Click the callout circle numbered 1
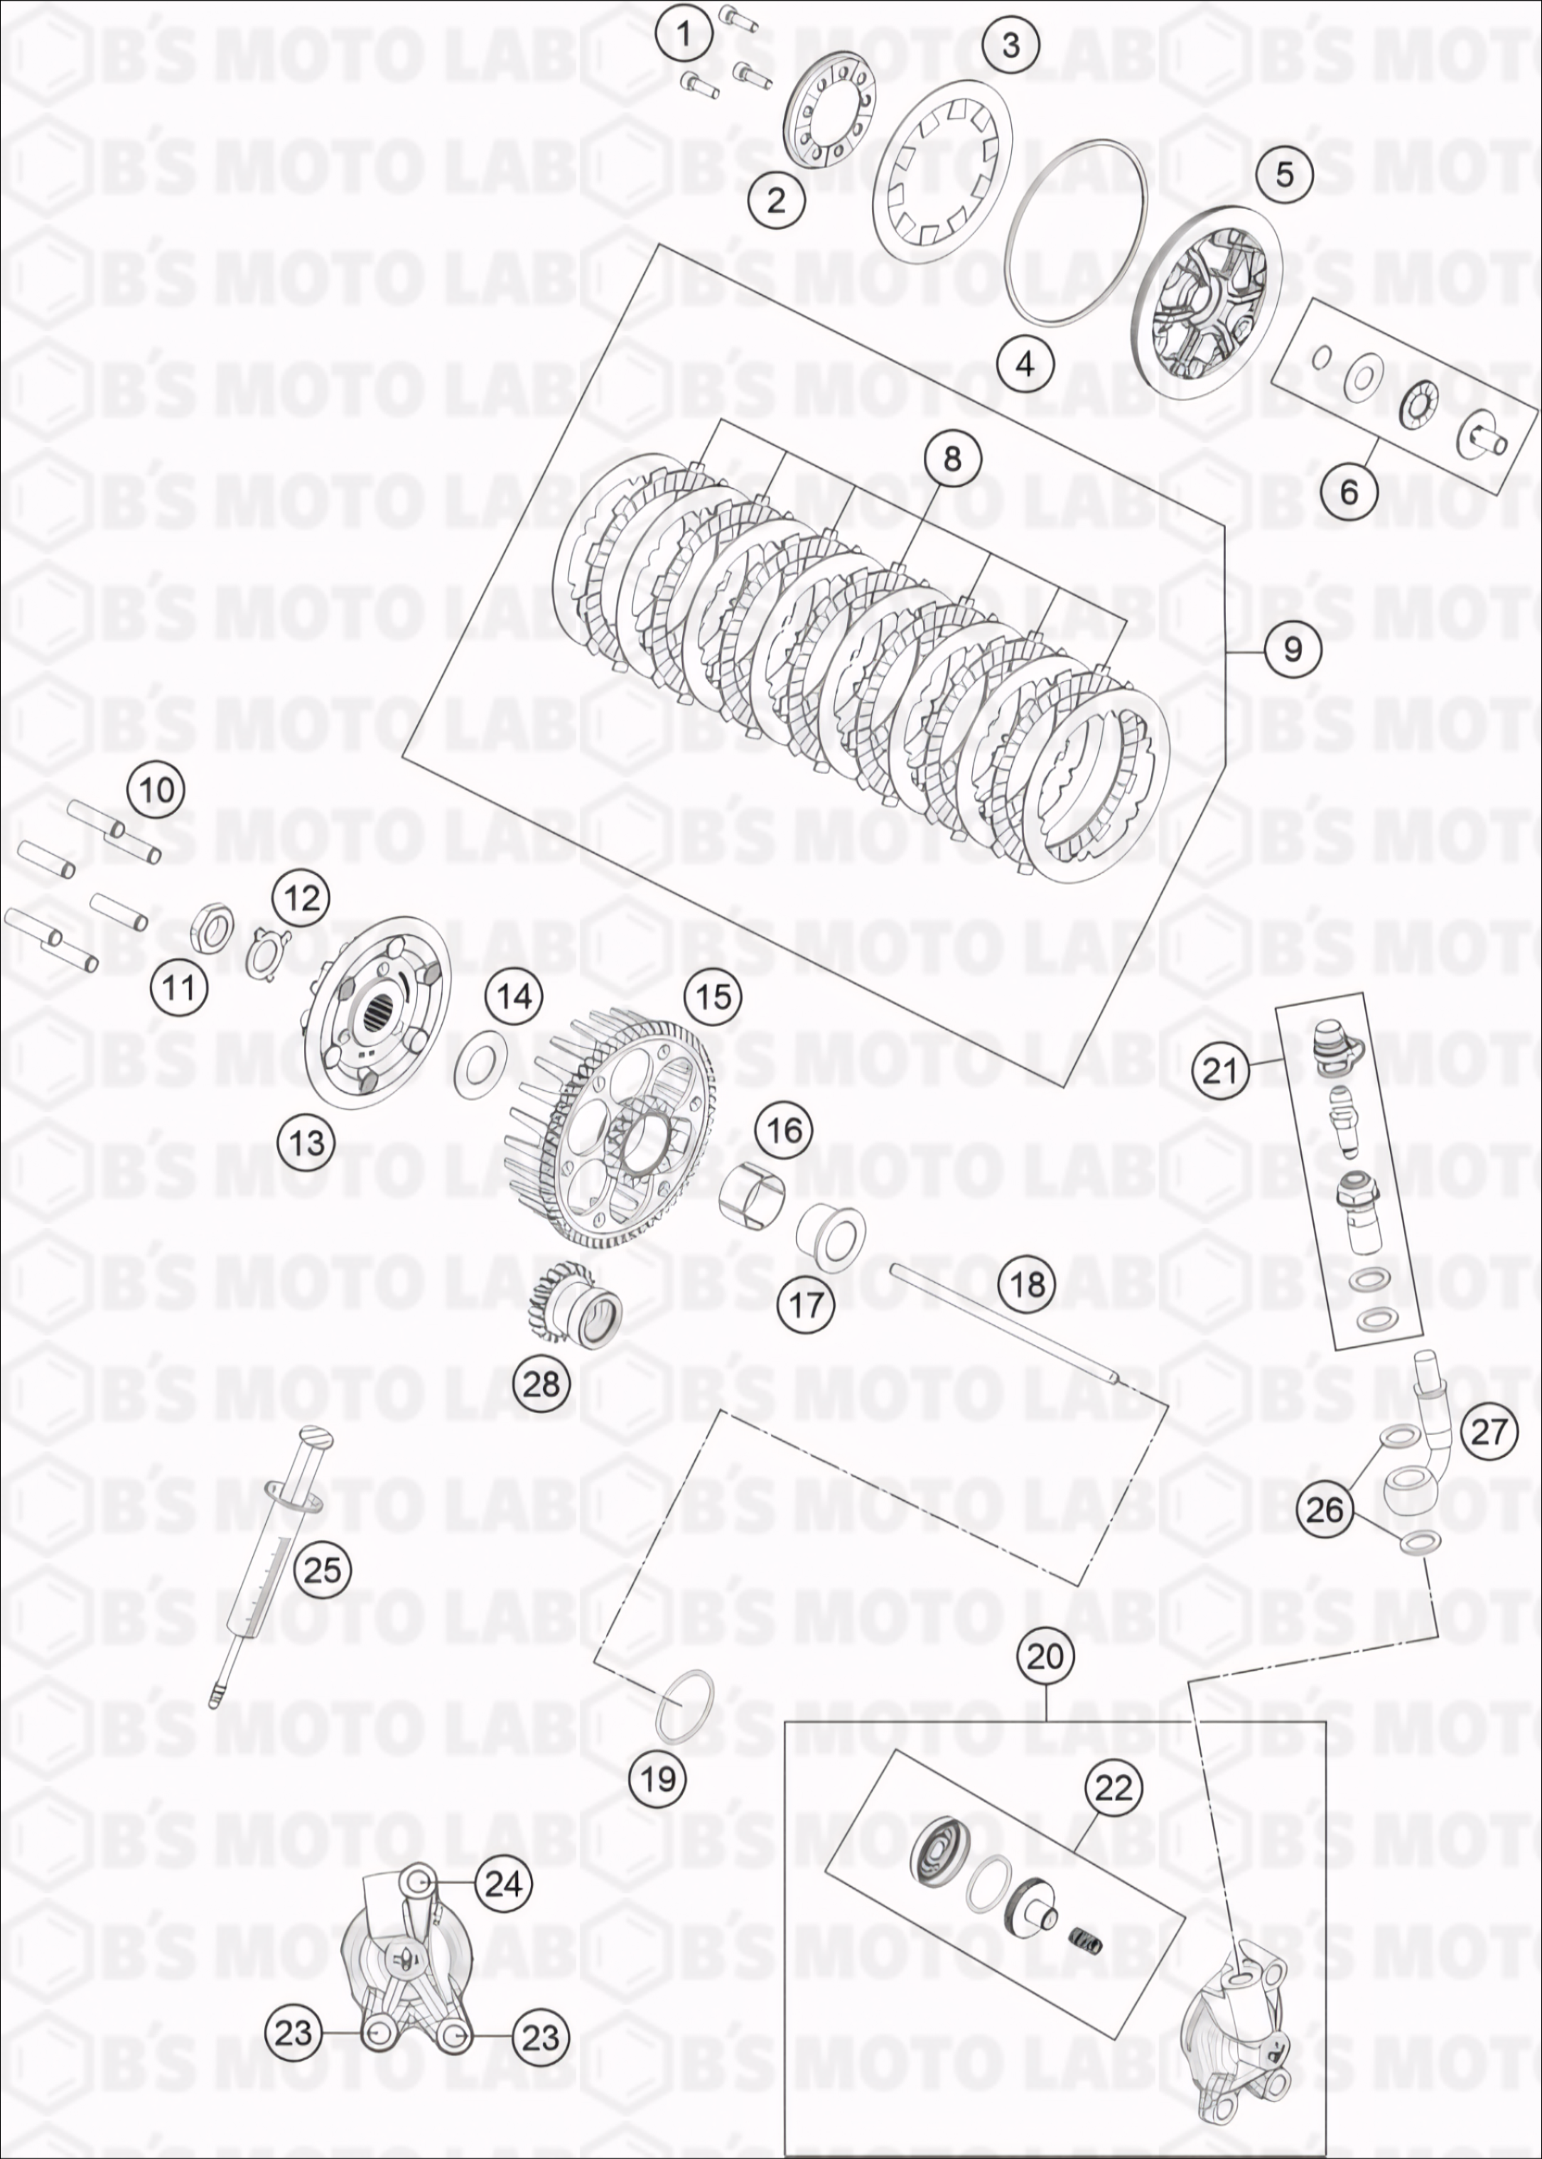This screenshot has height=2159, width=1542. (684, 35)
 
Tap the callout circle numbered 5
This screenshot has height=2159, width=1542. (1285, 175)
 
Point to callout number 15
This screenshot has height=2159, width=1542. (714, 997)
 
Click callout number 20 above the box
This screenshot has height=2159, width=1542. (1045, 1657)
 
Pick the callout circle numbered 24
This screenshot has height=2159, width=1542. (503, 1884)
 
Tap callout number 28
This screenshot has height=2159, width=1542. (541, 1384)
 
